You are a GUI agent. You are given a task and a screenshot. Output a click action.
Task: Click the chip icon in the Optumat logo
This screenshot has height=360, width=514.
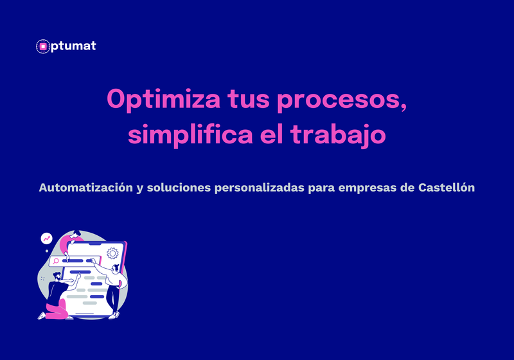[43, 46]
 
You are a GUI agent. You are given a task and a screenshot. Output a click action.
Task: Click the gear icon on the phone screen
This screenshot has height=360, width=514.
[113, 253]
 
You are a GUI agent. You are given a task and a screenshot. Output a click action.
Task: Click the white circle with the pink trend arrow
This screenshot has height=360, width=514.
[46, 239]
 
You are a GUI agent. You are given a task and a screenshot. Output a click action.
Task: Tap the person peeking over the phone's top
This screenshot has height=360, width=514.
[76, 234]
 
